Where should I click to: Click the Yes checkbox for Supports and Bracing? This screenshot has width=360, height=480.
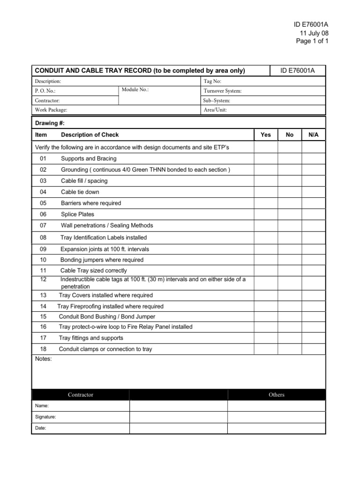click(266, 158)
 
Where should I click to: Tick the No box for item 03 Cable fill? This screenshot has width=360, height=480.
click(290, 180)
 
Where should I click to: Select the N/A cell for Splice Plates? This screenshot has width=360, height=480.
click(313, 214)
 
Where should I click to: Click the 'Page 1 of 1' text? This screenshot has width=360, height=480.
click(312, 41)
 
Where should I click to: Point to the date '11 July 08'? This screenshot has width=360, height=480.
click(314, 33)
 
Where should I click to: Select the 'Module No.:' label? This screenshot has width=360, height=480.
click(135, 90)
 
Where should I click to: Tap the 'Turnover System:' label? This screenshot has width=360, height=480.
click(223, 91)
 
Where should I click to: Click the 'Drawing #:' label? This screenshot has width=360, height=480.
click(50, 123)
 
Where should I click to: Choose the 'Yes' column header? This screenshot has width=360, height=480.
click(266, 135)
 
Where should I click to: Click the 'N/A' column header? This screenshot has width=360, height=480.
click(313, 135)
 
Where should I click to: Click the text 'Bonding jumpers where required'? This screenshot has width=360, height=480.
click(102, 260)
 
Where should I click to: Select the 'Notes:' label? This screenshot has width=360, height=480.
click(44, 359)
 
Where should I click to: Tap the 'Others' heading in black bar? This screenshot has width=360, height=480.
click(276, 395)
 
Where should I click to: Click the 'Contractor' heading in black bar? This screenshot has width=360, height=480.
click(80, 395)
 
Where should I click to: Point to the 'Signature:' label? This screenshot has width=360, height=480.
click(45, 417)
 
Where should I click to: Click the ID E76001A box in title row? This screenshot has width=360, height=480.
click(297, 71)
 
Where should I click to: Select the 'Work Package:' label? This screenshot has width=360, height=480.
click(51, 110)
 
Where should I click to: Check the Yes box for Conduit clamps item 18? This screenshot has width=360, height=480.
click(266, 349)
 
